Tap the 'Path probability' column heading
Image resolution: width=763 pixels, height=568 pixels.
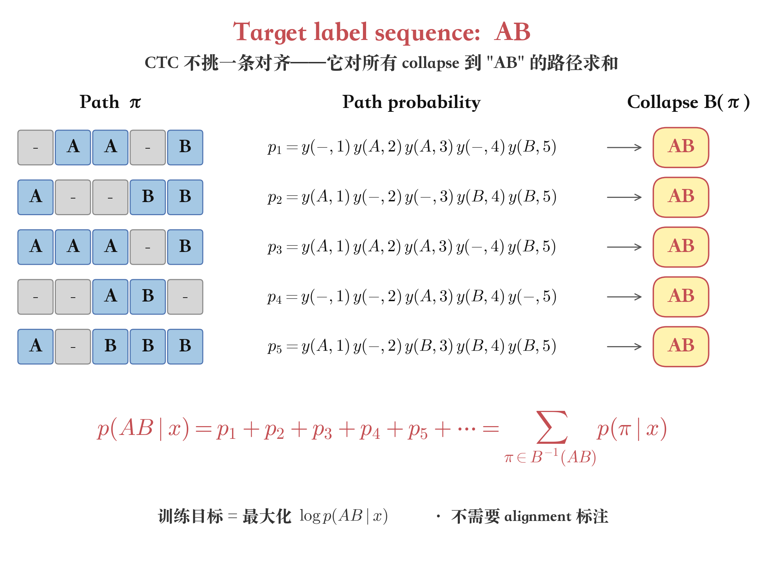411,102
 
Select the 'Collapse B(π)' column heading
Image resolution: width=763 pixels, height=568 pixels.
688,102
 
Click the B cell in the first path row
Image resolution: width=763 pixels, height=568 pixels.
185,147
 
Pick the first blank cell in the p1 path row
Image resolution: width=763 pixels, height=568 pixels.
35,147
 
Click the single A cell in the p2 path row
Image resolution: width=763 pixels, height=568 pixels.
35,197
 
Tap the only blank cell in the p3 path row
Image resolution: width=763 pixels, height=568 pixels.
148,247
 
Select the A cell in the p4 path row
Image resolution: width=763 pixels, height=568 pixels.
110,297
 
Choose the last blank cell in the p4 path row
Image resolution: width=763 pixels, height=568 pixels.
185,297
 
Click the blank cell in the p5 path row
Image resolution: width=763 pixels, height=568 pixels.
73,346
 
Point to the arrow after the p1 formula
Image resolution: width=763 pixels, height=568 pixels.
624,147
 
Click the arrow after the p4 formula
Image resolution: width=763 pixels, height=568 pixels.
624,297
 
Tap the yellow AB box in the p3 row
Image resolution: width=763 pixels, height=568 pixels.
681,247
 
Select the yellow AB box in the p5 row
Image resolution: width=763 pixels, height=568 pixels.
681,346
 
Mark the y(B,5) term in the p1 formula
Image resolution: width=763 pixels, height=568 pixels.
532,147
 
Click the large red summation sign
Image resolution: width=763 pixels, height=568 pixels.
552,427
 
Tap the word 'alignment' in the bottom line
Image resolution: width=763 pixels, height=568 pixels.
538,517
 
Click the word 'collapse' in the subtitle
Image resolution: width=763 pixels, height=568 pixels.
430,63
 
